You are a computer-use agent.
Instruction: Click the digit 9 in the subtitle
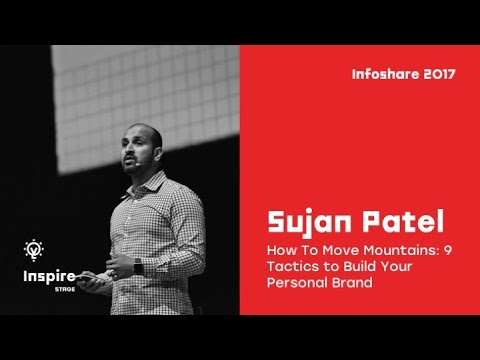point(447,249)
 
